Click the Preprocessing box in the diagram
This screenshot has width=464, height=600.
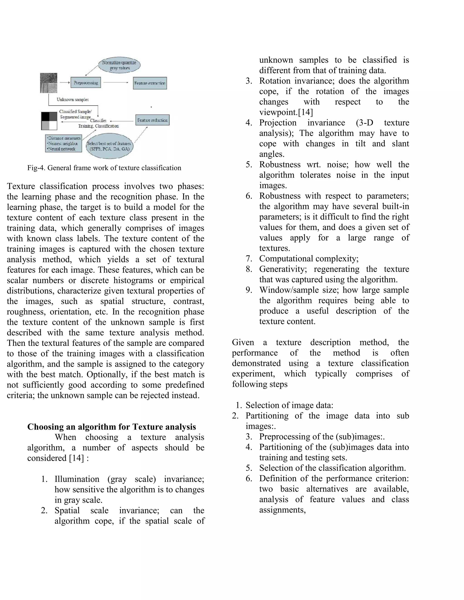pos(86,82)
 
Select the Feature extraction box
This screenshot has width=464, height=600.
pos(150,83)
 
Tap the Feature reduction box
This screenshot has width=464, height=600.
pos(152,120)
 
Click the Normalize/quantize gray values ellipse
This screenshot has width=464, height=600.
pos(119,65)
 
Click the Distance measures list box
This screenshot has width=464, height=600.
pos(63,143)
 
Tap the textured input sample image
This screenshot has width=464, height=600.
pos(49,83)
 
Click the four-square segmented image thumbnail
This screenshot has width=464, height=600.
pos(49,121)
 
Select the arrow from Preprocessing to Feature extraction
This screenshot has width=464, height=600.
pos(116,82)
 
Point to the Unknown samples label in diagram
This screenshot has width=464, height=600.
pos(72,99)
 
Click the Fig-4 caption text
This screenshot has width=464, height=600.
pos(104,168)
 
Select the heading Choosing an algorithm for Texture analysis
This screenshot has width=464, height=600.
pos(112,427)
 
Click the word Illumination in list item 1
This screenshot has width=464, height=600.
pos(77,479)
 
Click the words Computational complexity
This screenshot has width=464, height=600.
pos(308,259)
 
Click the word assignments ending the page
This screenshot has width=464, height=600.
pos(282,510)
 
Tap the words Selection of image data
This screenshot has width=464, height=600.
pos(289,405)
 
